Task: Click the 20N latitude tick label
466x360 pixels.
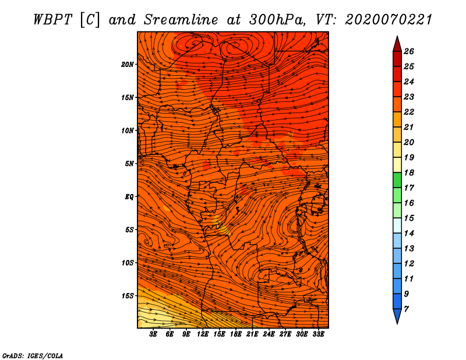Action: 128,65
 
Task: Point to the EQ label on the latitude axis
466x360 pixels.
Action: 129,197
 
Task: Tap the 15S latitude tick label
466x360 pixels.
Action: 128,296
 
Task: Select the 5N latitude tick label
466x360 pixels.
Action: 129,164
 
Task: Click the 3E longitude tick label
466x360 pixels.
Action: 153,334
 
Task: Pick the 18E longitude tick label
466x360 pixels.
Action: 236,334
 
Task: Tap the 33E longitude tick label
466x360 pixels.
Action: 318,334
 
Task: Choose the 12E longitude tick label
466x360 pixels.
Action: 203,334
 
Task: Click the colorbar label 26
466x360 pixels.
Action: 409,51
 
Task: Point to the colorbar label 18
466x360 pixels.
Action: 409,172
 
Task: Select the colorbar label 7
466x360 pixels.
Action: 406,309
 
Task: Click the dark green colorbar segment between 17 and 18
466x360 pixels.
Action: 397,180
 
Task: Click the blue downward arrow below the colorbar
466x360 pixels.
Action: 397,316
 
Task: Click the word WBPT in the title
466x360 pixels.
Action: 52,20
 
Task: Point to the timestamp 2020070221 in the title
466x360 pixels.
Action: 388,20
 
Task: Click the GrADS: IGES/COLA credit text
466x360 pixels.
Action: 33,356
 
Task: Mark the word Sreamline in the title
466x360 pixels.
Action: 181,20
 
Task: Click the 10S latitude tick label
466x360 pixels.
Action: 128,263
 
